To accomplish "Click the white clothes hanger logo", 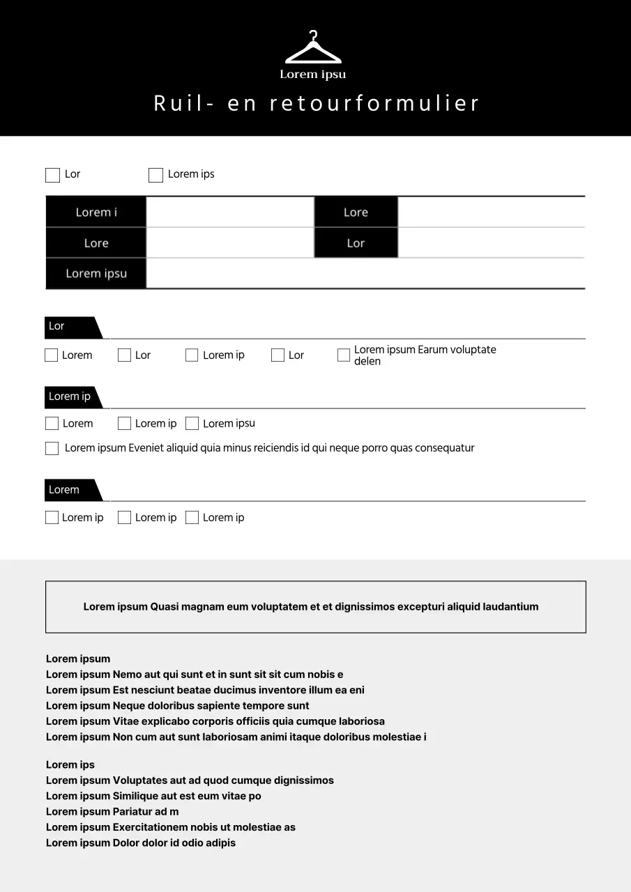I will (313, 49).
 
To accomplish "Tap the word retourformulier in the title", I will (374, 104).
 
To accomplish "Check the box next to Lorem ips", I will (155, 175).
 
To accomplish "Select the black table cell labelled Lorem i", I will (96, 213).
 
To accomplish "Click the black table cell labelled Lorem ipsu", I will (96, 274).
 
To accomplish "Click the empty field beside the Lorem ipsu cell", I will (365, 274).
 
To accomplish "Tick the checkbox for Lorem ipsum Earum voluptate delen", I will (344, 355).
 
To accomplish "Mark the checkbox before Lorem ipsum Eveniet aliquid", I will (52, 448).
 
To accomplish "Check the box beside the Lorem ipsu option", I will (192, 424).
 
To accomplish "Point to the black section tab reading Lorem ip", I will (70, 397).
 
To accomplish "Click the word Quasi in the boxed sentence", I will (164, 607).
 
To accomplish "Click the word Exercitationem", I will (150, 827).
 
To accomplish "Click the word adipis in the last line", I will (220, 843).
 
